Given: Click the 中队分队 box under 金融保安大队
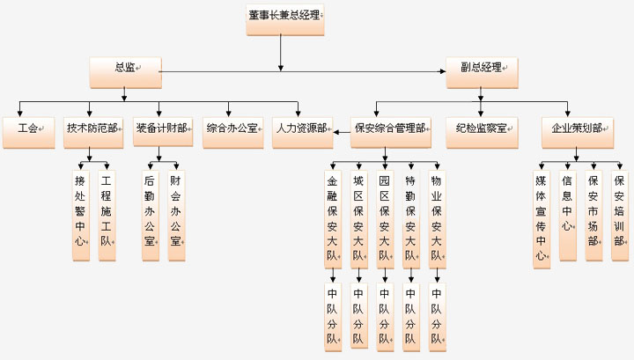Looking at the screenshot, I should (332, 314).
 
